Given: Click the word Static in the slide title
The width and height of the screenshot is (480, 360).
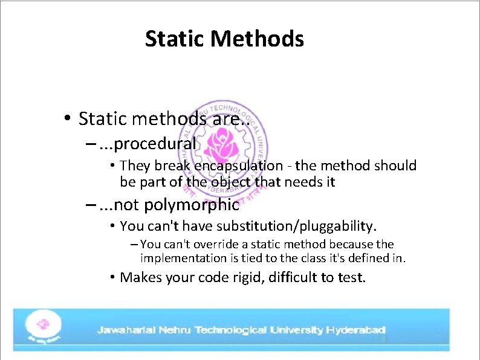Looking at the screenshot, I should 176,39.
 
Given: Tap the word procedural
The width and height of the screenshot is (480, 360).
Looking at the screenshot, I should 155,144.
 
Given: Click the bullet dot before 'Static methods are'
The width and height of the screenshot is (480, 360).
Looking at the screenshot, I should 68,118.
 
